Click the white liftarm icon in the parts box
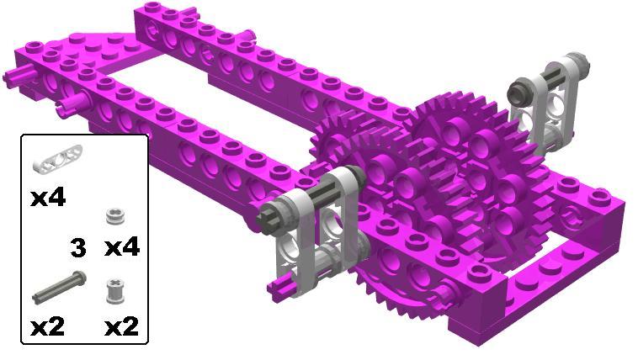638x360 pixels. point(57,159)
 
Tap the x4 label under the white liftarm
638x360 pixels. point(48,199)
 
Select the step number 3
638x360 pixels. point(78,248)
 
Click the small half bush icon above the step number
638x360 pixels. point(115,215)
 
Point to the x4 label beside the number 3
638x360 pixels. point(122,247)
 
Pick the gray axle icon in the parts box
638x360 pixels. point(59,287)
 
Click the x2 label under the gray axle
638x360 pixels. point(48,327)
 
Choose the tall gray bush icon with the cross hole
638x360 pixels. point(115,291)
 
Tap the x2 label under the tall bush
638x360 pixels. point(122,327)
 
